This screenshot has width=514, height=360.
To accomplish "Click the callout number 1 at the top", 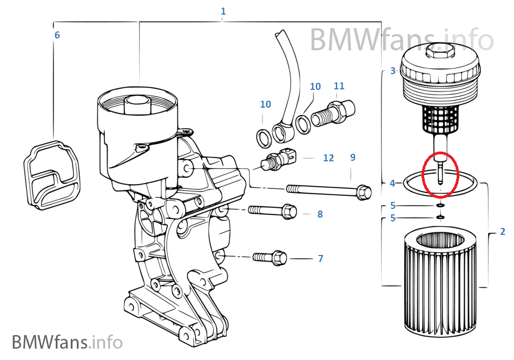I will point(223,11).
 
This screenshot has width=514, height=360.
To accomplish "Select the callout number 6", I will point(57,36).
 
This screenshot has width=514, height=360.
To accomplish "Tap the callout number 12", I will point(328,158).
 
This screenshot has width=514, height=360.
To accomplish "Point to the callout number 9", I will point(353,158).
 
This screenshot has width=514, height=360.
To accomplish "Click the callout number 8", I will point(320,214).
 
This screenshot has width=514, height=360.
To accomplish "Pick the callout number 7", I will point(320,259).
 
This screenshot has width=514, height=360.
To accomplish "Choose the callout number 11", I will point(339,86).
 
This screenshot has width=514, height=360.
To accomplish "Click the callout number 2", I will point(503,232).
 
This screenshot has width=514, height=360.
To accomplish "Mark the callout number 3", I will point(393,70).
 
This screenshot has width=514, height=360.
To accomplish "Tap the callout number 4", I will point(393,184).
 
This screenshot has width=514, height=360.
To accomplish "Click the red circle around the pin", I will point(440,174).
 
